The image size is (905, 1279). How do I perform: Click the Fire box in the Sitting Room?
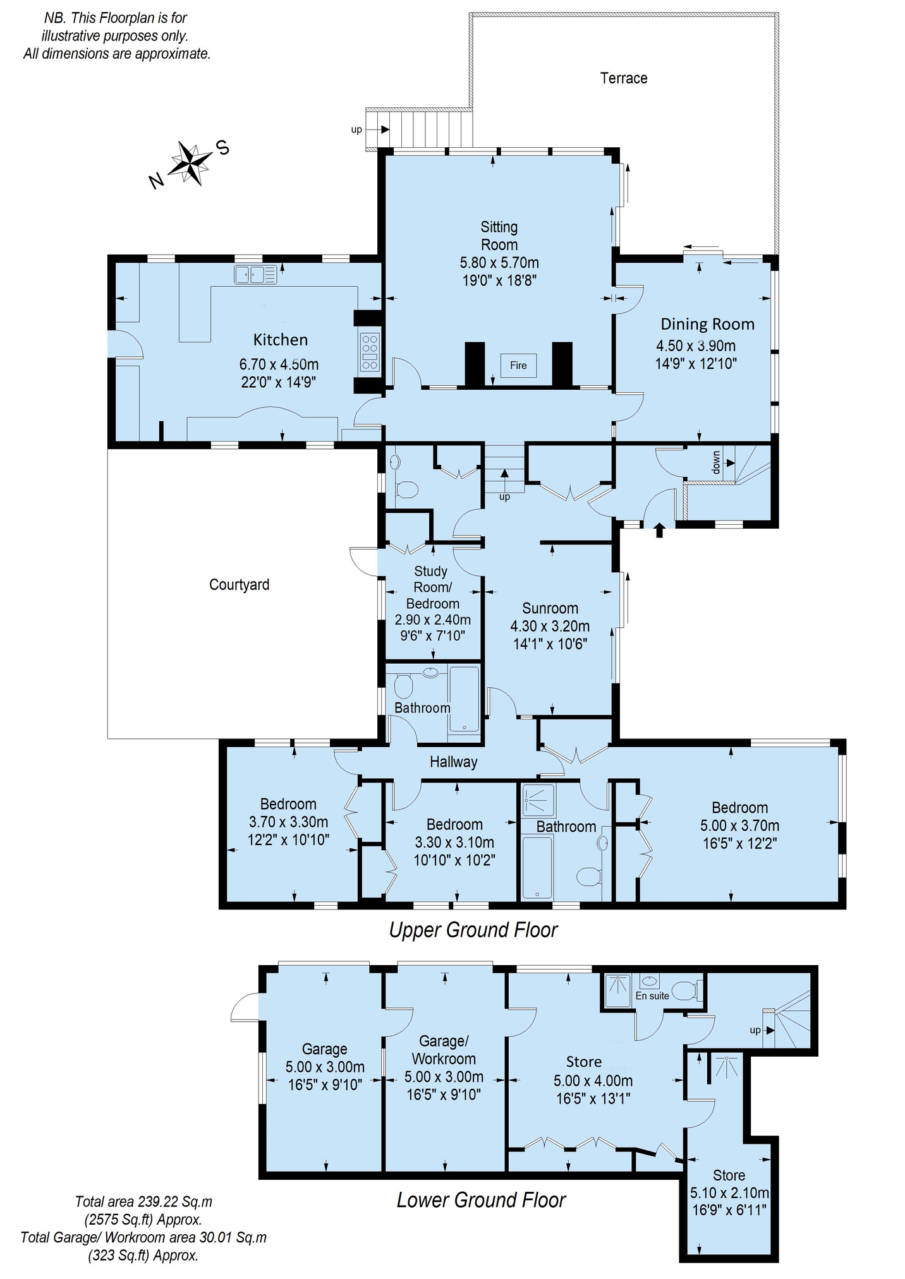518,365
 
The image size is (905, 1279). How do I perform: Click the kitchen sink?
255,275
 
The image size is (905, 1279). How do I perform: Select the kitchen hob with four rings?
370,352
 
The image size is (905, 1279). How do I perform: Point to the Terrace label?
624,78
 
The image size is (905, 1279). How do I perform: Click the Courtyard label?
239,585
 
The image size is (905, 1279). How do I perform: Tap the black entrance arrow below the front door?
659,529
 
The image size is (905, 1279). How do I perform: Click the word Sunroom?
550,608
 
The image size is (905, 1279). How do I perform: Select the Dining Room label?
707,324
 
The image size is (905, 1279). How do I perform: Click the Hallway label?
453,762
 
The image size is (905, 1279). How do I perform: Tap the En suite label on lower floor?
652,996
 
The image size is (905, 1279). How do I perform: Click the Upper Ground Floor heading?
473,930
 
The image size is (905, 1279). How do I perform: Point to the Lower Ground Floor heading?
481,1200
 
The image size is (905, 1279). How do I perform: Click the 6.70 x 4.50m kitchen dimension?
279,364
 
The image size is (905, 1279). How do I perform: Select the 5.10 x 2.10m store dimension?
729,1193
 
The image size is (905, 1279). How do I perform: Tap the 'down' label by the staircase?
716,462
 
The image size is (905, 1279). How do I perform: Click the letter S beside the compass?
222,148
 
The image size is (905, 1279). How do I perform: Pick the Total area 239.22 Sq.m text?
143,1201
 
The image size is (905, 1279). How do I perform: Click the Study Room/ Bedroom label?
432,587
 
